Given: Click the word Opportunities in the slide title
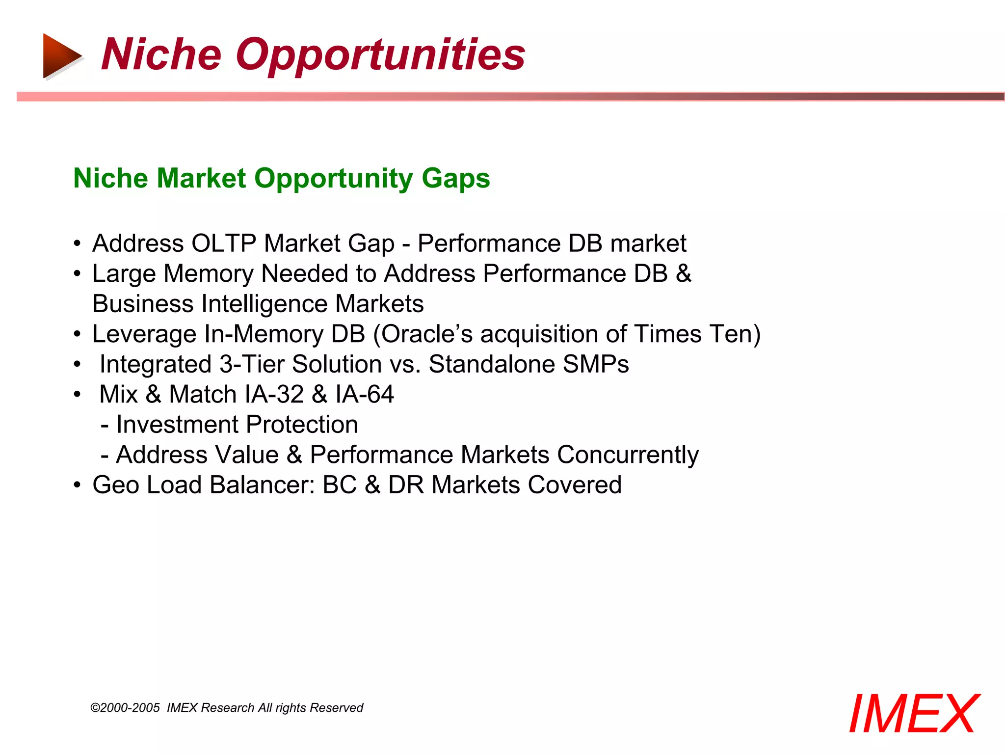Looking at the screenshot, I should click(x=380, y=55).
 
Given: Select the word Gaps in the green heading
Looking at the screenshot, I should click(x=455, y=178).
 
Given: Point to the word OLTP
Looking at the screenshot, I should click(x=224, y=243).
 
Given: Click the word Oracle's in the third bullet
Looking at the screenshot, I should click(x=426, y=334).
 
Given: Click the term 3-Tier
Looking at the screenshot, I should click(x=252, y=364).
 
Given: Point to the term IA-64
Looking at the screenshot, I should click(x=365, y=395).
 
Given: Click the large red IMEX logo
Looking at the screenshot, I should click(x=914, y=714).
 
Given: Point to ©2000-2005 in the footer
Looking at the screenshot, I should click(x=126, y=708).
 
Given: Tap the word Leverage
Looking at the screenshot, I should click(x=144, y=334).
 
